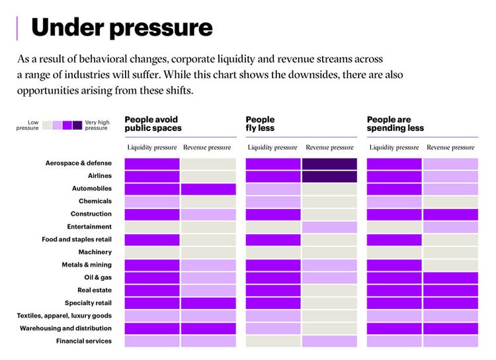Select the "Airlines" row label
100,176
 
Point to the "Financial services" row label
85,341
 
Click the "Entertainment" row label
89,227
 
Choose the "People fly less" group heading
260,124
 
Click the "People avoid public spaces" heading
153,124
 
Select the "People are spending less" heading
395,124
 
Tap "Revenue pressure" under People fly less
329,148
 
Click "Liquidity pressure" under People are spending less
394,148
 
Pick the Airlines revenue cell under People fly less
329,177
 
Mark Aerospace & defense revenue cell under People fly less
329,163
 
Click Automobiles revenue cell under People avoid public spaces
208,189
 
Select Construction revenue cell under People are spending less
450,214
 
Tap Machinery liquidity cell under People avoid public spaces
152,252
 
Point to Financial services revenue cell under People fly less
329,341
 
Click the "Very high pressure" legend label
96,124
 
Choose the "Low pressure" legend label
28,124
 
